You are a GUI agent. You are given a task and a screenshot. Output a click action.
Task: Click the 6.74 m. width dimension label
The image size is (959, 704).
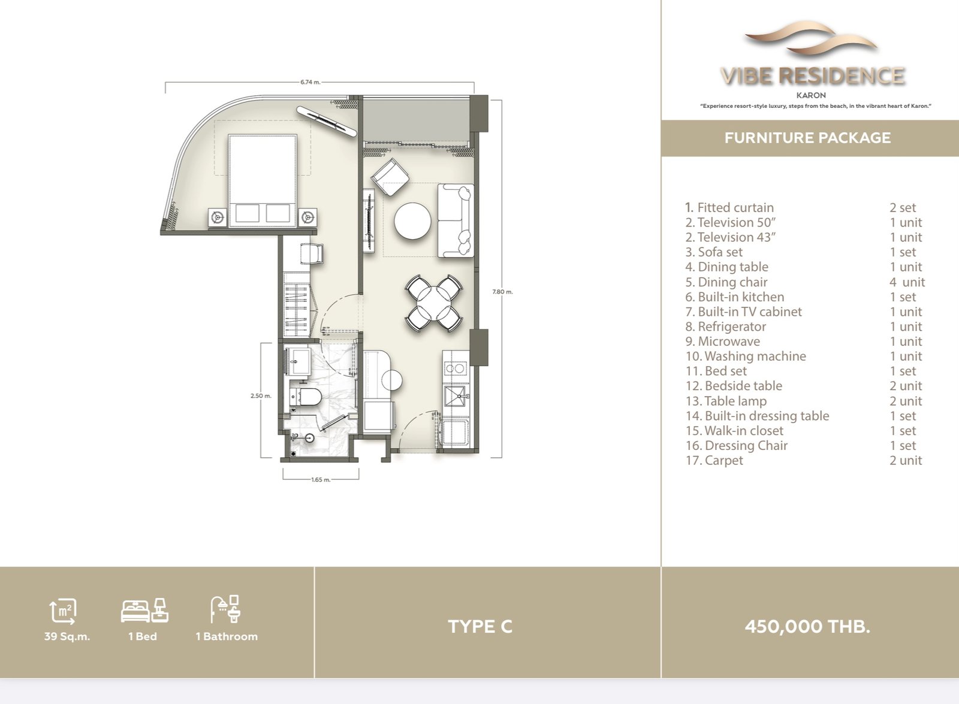tap(310, 82)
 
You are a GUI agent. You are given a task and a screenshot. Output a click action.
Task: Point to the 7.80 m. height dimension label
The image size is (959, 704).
tap(502, 292)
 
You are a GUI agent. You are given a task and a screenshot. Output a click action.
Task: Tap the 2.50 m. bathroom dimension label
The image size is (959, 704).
tap(261, 396)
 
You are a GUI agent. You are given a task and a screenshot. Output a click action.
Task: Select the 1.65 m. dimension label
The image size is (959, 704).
tap(321, 480)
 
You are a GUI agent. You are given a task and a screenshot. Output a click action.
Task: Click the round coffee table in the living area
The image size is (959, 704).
tap(412, 220)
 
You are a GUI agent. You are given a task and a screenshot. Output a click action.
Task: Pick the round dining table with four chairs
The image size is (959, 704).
tap(434, 303)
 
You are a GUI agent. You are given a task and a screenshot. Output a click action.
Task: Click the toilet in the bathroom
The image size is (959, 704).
tap(305, 397)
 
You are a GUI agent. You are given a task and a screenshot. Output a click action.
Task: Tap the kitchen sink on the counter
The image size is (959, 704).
tap(457, 396)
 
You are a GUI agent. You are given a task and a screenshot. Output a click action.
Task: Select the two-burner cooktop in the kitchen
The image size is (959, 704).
tap(455, 368)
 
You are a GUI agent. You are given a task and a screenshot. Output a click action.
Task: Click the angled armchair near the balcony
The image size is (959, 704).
tap(390, 177)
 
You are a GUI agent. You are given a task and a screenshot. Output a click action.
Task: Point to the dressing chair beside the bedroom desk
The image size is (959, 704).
tap(312, 254)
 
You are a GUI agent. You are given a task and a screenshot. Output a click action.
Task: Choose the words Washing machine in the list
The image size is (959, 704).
tap(755, 356)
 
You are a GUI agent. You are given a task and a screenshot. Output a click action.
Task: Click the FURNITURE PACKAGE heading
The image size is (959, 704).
tap(807, 138)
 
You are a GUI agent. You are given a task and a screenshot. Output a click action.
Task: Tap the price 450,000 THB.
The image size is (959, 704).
tap(807, 627)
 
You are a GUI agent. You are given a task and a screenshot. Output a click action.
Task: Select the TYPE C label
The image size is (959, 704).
tap(480, 627)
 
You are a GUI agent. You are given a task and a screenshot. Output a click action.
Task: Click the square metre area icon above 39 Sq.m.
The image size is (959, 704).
tap(63, 611)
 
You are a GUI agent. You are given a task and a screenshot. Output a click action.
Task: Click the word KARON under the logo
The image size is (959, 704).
tap(812, 95)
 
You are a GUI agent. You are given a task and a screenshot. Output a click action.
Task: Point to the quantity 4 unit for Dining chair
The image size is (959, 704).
tap(907, 282)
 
